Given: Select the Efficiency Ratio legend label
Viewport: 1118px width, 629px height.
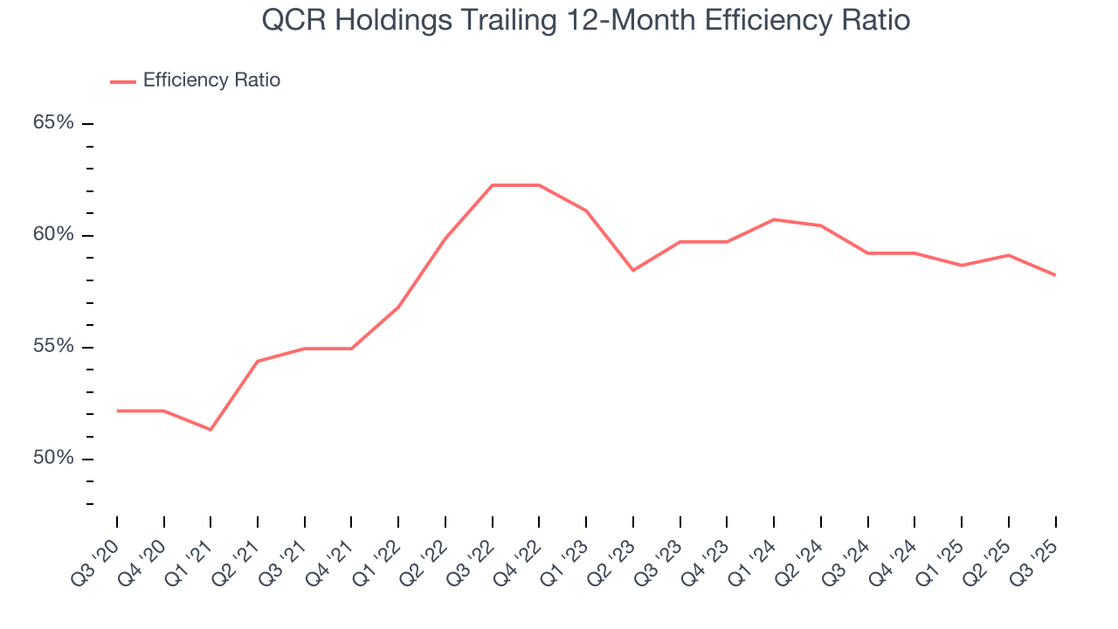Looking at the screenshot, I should coord(211,80).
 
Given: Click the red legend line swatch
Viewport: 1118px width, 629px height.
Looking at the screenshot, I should coord(123,81).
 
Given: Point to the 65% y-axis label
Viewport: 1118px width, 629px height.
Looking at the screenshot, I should coord(53,122).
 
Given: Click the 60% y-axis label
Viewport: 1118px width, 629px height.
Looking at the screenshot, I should coord(53,235).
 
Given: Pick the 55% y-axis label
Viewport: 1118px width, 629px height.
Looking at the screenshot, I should coord(53,347).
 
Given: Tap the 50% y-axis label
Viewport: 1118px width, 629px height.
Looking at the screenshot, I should coord(53,459).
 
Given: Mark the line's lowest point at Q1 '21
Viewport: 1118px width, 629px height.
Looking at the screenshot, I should coord(210,429).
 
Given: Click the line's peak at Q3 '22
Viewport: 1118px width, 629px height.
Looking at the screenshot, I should coord(493,185).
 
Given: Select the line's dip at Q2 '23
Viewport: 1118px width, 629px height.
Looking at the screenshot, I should coord(633,270).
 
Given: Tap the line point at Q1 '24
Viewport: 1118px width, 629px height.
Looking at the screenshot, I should coord(774,219).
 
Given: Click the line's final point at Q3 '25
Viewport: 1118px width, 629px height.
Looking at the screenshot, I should coord(1055,275).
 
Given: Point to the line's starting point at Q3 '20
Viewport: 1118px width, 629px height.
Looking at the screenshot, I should coord(117,411).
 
